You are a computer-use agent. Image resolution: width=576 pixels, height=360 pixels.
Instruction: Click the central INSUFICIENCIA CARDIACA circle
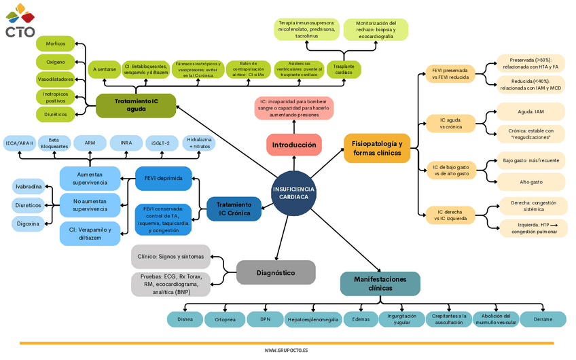coord(293,192)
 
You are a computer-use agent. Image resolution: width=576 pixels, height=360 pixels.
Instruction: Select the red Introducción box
coord(293,145)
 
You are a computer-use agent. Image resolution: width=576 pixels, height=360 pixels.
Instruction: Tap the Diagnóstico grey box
coord(276,272)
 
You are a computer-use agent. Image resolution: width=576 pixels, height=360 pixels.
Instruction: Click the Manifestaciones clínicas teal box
coord(380,283)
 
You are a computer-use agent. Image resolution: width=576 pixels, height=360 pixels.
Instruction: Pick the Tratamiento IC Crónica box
coord(234,209)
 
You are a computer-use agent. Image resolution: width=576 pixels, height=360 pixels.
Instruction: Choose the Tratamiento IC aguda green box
coord(136,105)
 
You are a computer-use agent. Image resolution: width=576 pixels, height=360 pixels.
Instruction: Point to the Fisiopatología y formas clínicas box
coord(377,148)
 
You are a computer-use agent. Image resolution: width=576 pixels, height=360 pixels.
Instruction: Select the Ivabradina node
coord(29,187)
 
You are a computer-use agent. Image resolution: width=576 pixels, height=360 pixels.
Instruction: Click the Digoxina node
coord(29,223)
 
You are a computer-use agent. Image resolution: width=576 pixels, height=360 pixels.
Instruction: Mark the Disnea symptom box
coord(185,319)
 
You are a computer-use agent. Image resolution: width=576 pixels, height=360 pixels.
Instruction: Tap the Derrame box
coord(543,319)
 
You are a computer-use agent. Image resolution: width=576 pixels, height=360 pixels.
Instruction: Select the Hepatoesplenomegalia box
coord(312,319)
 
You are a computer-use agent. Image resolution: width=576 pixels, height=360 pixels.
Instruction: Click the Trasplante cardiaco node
coord(344,69)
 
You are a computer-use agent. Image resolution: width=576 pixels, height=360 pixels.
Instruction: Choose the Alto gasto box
coord(530,182)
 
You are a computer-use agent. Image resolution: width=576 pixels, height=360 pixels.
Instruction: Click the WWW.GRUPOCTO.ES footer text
coord(287,350)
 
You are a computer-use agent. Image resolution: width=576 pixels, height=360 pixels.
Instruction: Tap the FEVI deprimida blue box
coord(163,178)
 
